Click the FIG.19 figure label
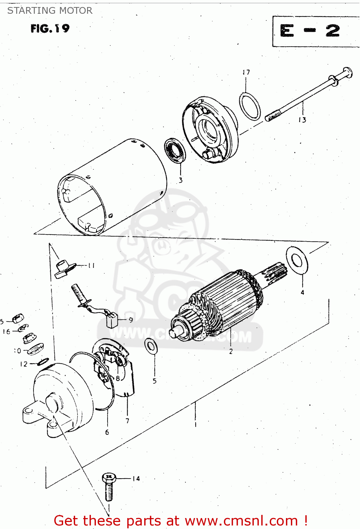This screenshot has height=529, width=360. tap(50, 28)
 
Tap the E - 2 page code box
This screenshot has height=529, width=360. tap(310, 31)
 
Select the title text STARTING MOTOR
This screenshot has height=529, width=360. tap(50, 11)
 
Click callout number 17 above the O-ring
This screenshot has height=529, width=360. tap(246, 72)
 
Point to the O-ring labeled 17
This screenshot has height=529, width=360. tap(250, 107)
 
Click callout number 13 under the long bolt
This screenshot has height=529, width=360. tap(302, 120)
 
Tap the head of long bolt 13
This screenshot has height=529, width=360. tap(347, 73)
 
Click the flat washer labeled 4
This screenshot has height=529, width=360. tap(297, 261)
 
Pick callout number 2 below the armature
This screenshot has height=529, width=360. tap(231, 351)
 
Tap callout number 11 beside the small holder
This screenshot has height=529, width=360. tap(91, 266)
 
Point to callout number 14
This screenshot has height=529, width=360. tap(136, 479)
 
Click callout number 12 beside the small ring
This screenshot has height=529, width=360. tap(24, 364)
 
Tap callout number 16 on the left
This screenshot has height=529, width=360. tap(6, 332)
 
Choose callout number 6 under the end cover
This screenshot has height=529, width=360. tap(107, 432)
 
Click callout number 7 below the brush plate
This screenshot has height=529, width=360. tap(127, 420)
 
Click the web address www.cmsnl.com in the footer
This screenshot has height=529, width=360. tap(241, 521)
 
